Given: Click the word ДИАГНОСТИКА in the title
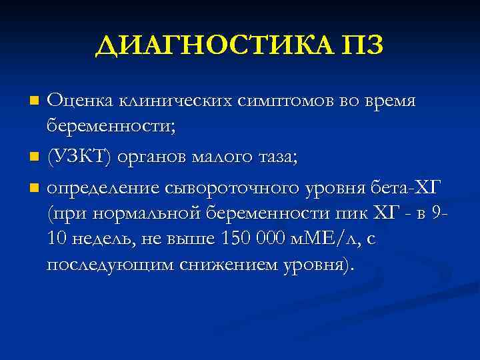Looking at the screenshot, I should (212, 45).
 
